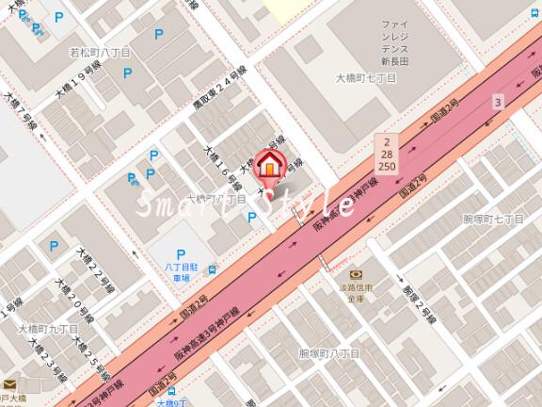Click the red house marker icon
269,165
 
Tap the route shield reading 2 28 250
387,152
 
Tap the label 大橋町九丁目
42,328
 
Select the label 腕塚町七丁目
492,219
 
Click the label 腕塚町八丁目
328,353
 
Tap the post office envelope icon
9,384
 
